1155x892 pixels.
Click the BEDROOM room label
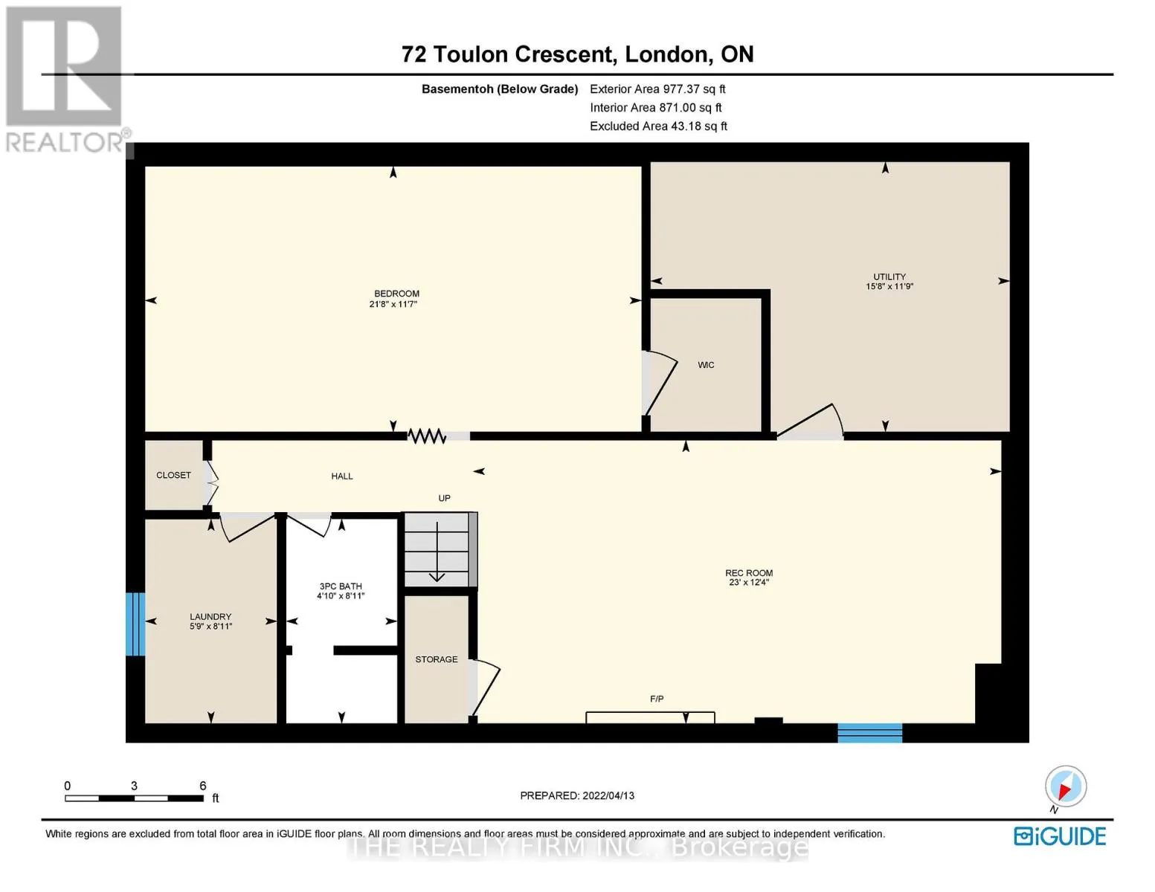396,294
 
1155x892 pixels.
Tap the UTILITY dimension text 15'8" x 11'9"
889,286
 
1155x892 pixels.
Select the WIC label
706,365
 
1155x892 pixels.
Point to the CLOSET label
173,475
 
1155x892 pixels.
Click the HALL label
342,476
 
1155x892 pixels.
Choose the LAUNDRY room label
210,617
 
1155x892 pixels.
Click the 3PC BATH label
340,586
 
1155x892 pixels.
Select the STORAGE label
437,659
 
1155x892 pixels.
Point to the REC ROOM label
749,572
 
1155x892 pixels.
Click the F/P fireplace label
657,699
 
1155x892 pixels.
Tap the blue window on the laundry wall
135,624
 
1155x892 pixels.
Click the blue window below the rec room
869,733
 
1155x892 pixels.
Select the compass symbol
1066,786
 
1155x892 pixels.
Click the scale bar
134,798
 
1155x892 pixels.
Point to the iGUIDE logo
1060,836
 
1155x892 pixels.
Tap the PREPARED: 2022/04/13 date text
577,796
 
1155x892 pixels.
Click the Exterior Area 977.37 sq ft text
657,89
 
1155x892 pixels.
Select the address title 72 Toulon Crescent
509,54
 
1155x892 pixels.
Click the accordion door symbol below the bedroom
426,436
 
